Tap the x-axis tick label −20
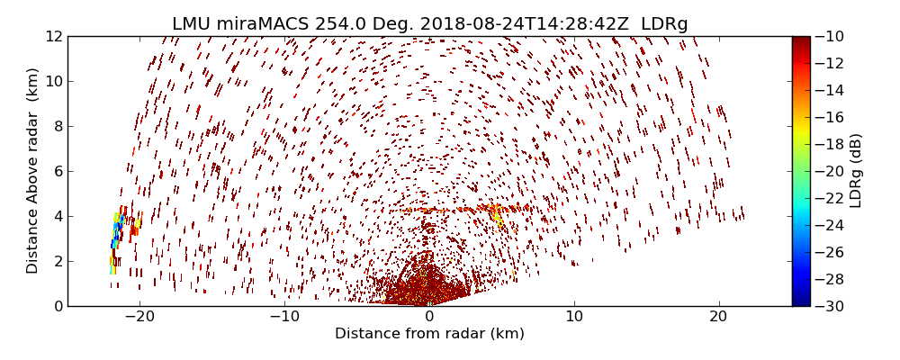[x=139, y=318]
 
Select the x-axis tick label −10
[x=284, y=318]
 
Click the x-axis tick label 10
[x=574, y=318]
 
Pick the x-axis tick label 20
[x=718, y=318]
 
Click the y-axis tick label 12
[x=53, y=37]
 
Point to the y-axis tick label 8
[x=57, y=127]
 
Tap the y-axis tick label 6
[x=57, y=172]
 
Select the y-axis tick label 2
[x=57, y=261]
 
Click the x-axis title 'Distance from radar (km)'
[x=429, y=334]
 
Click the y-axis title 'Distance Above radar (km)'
[x=33, y=171]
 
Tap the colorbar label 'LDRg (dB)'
[x=856, y=171]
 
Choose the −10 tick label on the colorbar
[x=832, y=37]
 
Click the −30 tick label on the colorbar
[x=832, y=306]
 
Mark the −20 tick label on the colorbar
[x=832, y=171]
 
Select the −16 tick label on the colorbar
[x=832, y=117]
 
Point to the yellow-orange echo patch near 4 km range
[x=496, y=217]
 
